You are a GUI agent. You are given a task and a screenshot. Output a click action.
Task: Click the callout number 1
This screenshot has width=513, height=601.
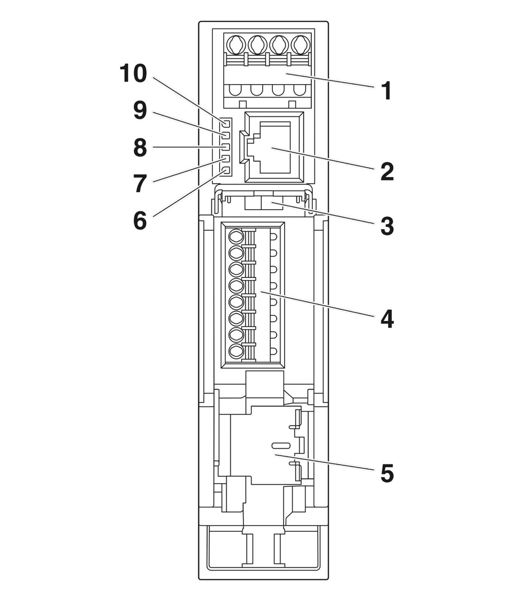[387, 91]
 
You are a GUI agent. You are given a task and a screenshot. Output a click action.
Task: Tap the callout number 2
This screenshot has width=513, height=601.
[387, 172]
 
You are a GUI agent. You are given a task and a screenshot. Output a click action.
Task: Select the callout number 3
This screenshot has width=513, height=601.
[387, 226]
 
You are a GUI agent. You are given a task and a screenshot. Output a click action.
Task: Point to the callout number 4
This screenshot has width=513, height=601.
[387, 319]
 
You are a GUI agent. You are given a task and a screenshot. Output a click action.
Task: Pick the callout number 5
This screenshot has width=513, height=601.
[387, 473]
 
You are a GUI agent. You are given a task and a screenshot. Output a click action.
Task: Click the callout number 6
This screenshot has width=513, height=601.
[140, 221]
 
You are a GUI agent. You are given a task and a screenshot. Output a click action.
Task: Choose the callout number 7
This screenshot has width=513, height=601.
[140, 184]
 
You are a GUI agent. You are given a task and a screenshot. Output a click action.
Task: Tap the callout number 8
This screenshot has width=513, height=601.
[140, 148]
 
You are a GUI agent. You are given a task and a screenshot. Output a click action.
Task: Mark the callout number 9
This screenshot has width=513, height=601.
[140, 111]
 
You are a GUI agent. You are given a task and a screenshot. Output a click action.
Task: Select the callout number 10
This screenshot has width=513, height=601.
[133, 74]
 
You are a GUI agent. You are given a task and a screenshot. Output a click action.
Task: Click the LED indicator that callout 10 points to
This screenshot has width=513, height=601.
[226, 124]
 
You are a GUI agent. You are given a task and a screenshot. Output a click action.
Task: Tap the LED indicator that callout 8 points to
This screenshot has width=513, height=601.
[226, 147]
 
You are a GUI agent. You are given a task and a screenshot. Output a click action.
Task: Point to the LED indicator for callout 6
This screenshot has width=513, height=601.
[226, 171]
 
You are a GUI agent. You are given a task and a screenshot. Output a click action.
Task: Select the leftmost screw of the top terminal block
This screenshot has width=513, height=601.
[235, 45]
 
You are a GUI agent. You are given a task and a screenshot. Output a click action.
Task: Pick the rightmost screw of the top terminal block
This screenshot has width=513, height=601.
[300, 45]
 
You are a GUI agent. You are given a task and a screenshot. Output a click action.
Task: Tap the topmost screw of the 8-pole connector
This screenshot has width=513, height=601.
[236, 236]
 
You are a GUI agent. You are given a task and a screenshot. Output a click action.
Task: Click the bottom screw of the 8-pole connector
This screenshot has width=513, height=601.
[236, 351]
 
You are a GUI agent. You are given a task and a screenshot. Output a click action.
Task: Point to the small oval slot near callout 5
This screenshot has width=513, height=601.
[281, 445]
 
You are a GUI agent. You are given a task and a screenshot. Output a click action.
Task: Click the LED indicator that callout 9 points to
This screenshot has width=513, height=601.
[226, 135]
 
